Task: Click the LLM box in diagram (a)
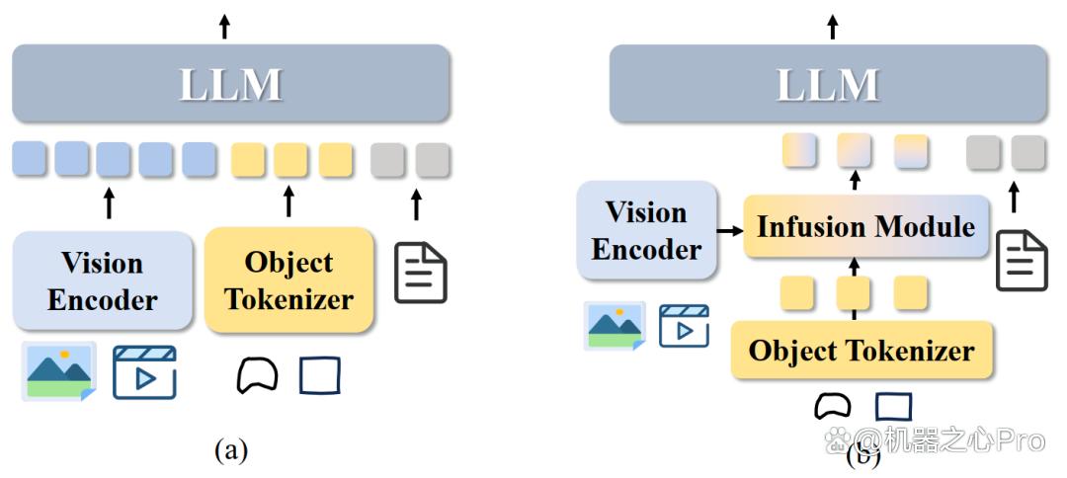coord(231,84)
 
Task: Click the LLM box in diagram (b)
coord(828,84)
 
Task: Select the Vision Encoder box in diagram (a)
coord(103,280)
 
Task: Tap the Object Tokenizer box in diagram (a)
coord(289,280)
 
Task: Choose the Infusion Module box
coord(865,226)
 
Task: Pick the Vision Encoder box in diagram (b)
coord(647,230)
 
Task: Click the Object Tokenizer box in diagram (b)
coord(862,351)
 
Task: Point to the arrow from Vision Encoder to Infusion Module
coord(730,232)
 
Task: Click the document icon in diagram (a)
coord(421,273)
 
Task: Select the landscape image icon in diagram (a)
coord(59,371)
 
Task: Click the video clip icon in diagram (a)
coord(144,372)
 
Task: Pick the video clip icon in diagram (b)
coord(684,326)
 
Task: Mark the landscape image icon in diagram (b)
coord(616,326)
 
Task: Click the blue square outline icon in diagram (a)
coord(320,375)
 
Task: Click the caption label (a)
coord(231,450)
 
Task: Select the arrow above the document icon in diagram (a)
coord(417,204)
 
